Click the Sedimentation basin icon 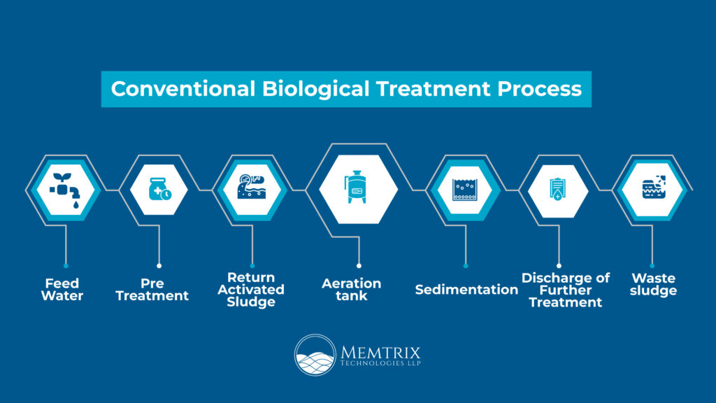pyautogui.click(x=464, y=190)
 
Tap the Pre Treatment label pyautogui.click(x=152, y=290)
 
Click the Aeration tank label pyautogui.click(x=351, y=290)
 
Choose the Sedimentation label pyautogui.click(x=466, y=290)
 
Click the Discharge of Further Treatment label pyautogui.click(x=565, y=290)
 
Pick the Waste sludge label pyautogui.click(x=653, y=285)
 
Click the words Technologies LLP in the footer pyautogui.click(x=381, y=364)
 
